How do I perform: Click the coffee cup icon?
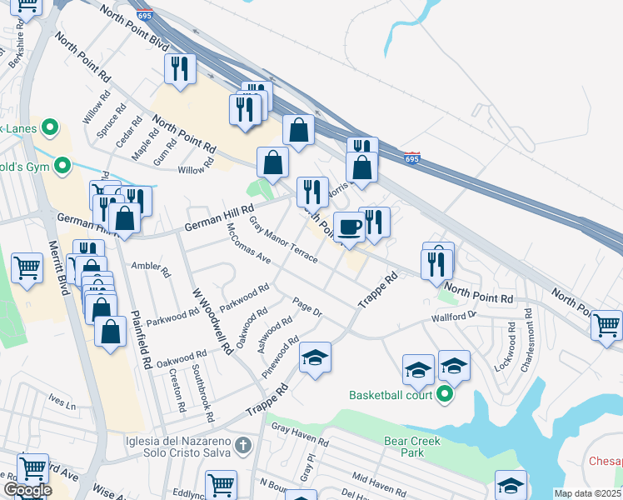pyautogui.click(x=349, y=227)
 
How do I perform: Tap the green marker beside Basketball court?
pyautogui.click(x=445, y=394)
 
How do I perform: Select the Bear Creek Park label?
pyautogui.click(x=404, y=447)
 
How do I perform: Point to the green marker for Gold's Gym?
pyautogui.click(x=61, y=167)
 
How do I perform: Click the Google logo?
pyautogui.click(x=27, y=490)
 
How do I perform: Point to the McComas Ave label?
pyautogui.click(x=249, y=243)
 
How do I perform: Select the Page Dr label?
pyautogui.click(x=307, y=306)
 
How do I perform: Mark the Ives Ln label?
pyautogui.click(x=62, y=402)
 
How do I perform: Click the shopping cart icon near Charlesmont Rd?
pyautogui.click(x=606, y=324)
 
